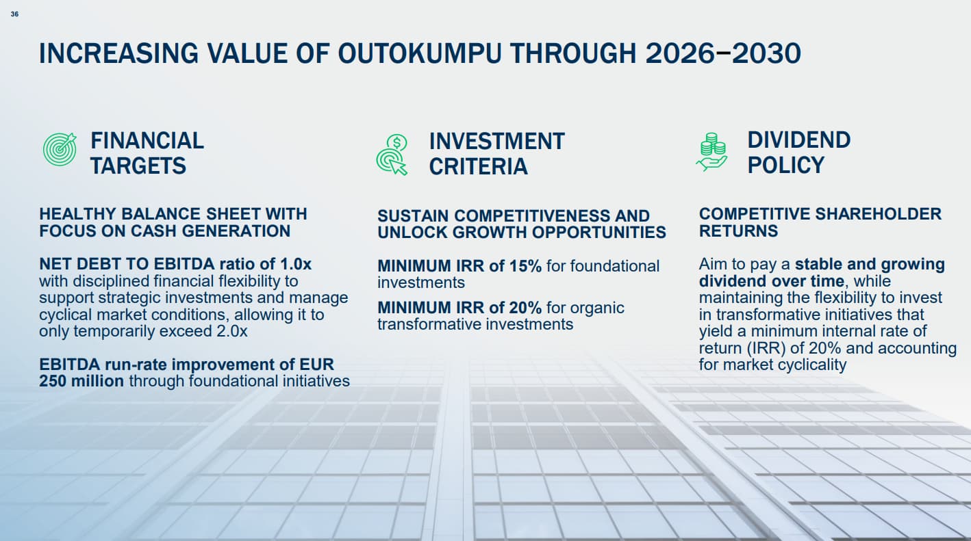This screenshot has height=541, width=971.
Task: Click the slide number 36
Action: [15, 14]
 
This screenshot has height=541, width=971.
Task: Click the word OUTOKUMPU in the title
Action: [420, 53]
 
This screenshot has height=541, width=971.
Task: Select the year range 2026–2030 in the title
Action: [722, 53]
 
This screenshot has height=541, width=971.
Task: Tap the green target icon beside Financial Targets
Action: [60, 149]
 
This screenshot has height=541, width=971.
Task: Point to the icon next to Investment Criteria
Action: [392, 155]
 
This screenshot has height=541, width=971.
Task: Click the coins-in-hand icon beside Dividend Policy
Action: [711, 152]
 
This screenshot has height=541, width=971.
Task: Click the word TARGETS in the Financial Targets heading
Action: [138, 166]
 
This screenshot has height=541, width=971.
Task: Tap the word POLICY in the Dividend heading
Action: [785, 166]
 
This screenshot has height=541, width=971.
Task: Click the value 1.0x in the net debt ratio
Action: [296, 264]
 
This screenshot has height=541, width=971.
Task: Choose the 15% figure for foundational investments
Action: [525, 266]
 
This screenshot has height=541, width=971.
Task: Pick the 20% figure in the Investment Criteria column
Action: [525, 308]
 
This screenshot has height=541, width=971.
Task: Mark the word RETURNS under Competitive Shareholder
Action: [738, 231]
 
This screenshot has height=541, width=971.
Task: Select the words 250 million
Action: [81, 381]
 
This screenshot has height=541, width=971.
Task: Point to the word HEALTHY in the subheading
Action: [77, 214]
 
